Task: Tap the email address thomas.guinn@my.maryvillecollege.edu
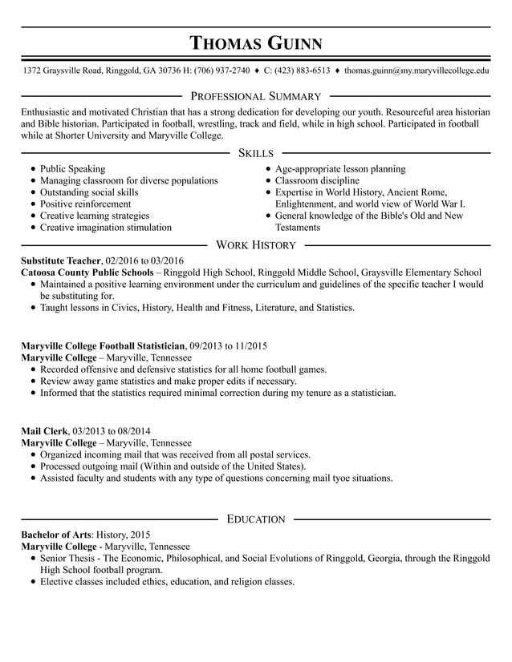pos(417,71)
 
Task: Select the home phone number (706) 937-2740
pos(221,71)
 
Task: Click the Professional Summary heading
pos(255,96)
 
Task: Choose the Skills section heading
pos(255,152)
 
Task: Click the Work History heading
pos(256,244)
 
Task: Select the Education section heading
pos(256,519)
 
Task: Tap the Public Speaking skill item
pos(72,169)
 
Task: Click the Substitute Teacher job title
pos(61,260)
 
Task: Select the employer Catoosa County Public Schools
pos(87,272)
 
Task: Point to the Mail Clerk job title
pos(45,430)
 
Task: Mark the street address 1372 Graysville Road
pos(62,71)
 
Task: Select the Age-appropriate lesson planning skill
pos(339,169)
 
